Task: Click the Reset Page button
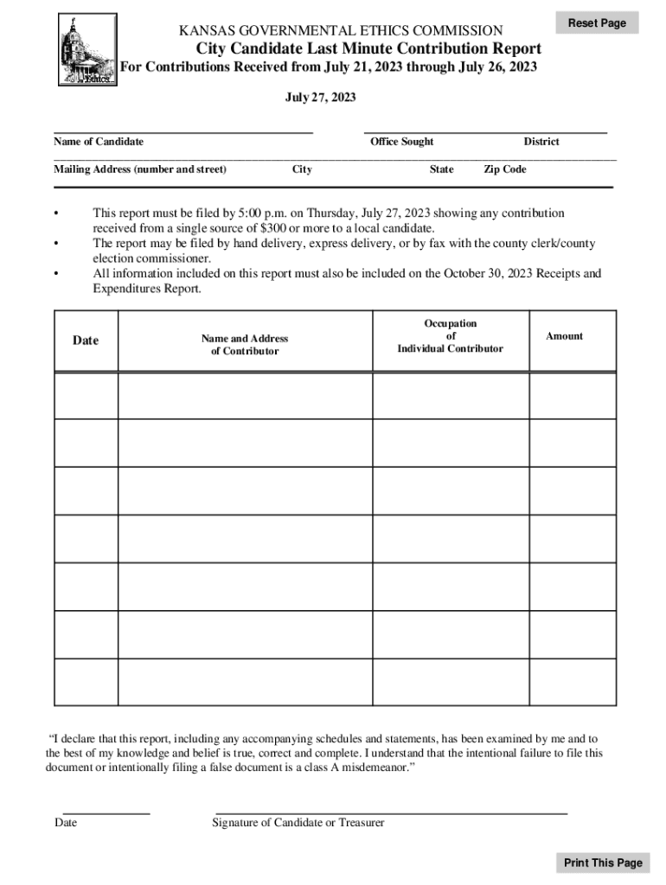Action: coord(597,22)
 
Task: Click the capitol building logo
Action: coord(87,49)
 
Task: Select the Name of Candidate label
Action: coord(99,142)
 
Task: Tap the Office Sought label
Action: coord(401,142)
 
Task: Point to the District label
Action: coord(541,142)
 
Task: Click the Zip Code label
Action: coord(504,169)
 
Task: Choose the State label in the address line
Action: coord(441,169)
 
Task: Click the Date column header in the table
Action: coord(86,341)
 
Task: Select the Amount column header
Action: coord(564,336)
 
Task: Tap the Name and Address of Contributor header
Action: coord(245,345)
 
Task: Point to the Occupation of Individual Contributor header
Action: coord(450,336)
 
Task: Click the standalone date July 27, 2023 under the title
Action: coord(320,99)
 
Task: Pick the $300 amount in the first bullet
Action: coord(272,228)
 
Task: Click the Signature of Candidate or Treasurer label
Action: coord(298,823)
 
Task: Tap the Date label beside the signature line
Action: coord(66,823)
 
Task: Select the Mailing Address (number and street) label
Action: coord(140,169)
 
